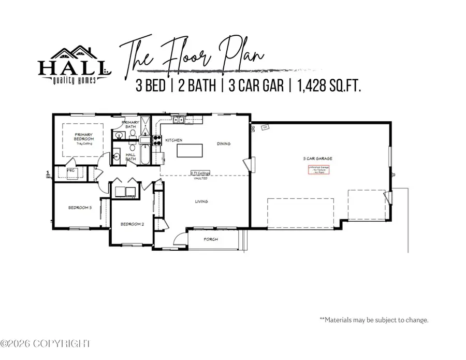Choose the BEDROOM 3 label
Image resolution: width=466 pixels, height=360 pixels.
tap(80, 208)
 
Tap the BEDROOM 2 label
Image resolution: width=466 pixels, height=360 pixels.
tap(132, 224)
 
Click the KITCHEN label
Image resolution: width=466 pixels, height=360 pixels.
tap(171, 140)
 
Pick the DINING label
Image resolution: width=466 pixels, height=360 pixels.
tap(224, 143)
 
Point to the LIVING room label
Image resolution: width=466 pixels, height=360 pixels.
tap(201, 201)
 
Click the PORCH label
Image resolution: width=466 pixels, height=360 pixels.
tap(211, 239)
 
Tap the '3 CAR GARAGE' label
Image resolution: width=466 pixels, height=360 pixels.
tap(318, 157)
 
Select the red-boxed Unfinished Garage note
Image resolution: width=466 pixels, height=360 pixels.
tap(318, 170)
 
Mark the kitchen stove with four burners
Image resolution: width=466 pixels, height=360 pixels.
tap(155, 139)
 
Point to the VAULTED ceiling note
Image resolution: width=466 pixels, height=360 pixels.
tap(200, 178)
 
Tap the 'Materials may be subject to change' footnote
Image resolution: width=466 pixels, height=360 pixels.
tap(374, 320)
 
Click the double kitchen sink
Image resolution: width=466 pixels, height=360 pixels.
tap(179, 120)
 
